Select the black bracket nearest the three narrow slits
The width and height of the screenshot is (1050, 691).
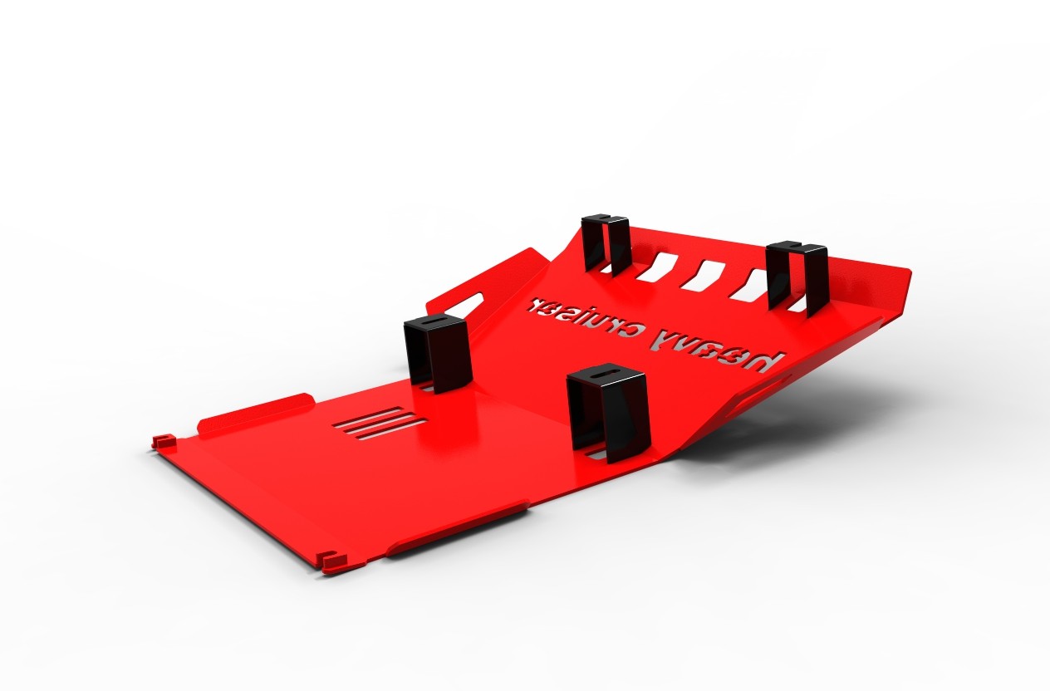pyautogui.click(x=437, y=352)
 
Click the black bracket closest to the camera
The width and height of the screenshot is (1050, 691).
pyautogui.click(x=607, y=412)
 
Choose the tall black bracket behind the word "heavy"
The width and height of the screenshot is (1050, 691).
pyautogui.click(x=797, y=278)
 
